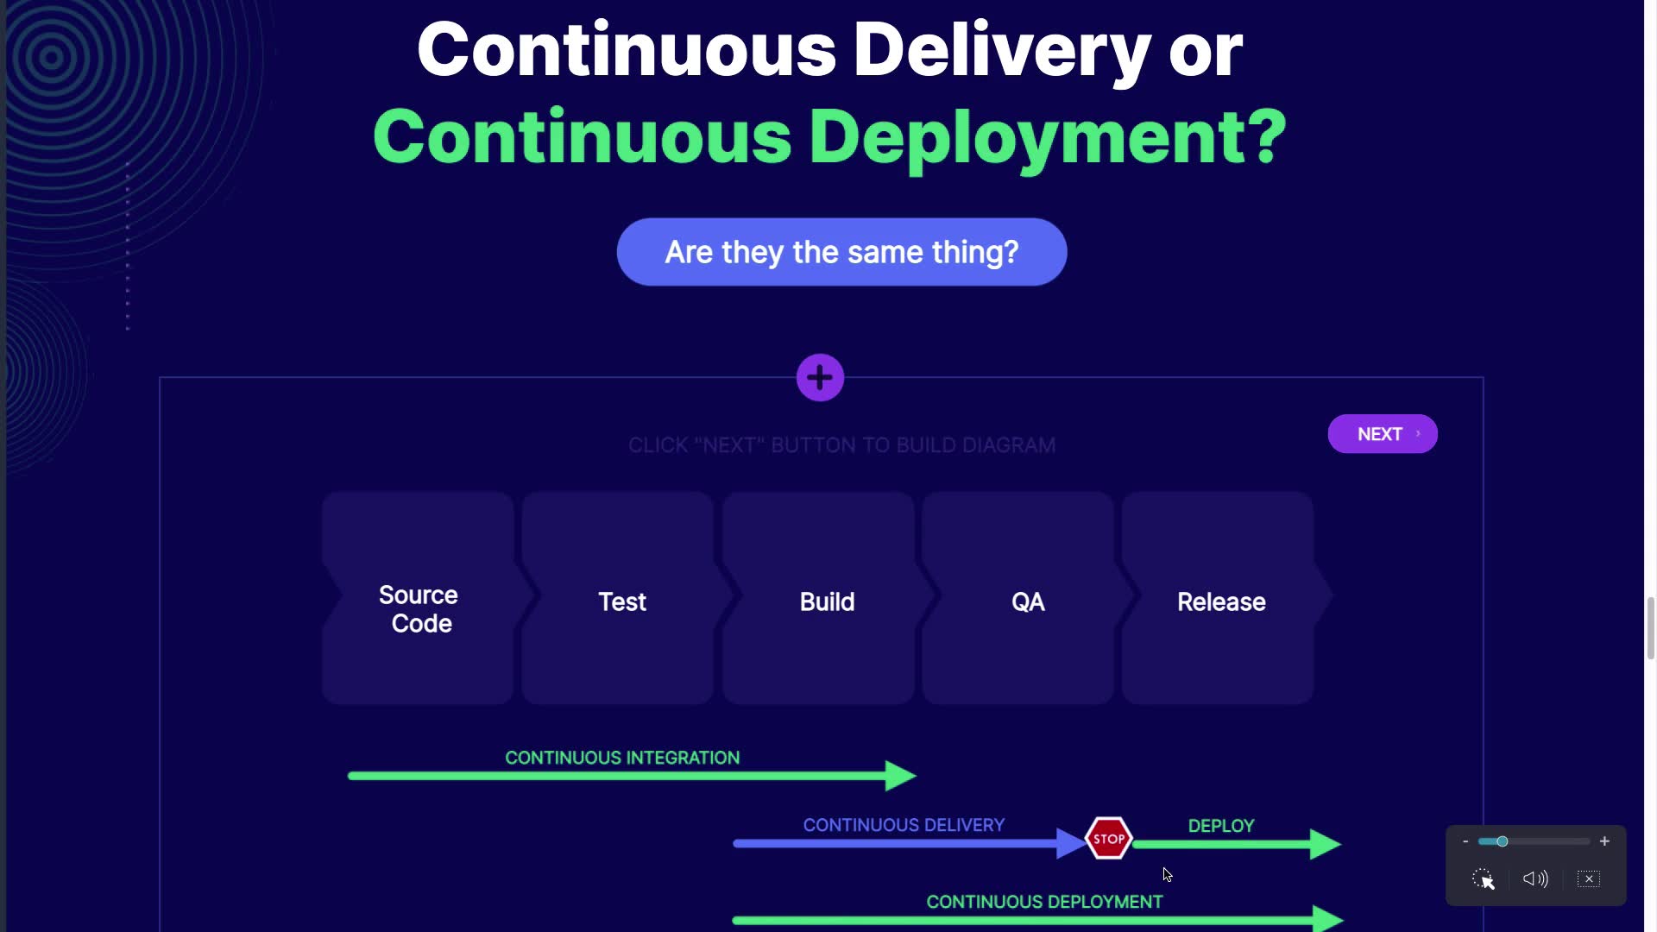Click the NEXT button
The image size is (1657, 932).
[x=1382, y=434]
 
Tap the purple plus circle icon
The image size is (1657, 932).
[x=820, y=377]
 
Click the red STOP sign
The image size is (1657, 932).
[x=1108, y=838]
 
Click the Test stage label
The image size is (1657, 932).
[x=622, y=601]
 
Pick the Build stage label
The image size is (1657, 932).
[x=827, y=601]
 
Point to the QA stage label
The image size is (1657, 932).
[x=1028, y=601]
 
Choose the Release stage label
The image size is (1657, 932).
[x=1221, y=601]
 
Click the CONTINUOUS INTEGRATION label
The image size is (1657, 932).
[x=622, y=758]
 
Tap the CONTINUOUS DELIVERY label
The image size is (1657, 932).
[x=904, y=825]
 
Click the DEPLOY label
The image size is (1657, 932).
[x=1221, y=826]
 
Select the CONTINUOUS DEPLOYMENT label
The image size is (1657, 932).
[x=1044, y=902]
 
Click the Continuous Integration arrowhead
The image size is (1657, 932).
[x=899, y=776]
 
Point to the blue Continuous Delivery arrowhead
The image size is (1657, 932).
[x=1071, y=843]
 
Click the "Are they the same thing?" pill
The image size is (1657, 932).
[x=841, y=252]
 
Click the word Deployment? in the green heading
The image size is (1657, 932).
[x=1047, y=137]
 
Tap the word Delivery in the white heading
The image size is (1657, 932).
[x=1001, y=50]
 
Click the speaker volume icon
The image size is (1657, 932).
[x=1535, y=878]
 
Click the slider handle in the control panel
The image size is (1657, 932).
[x=1503, y=841]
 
